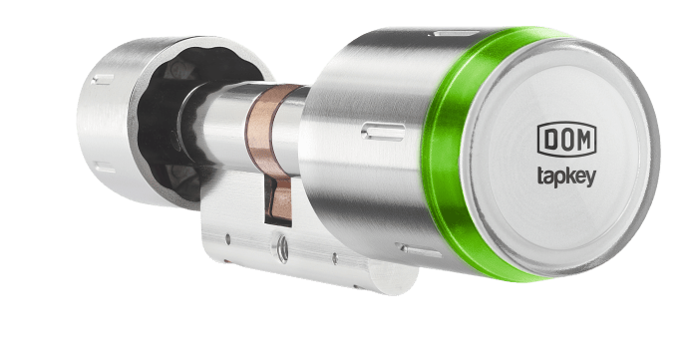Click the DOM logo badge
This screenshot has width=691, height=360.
[566, 140]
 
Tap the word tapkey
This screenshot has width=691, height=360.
[566, 177]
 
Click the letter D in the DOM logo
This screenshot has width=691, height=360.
[550, 140]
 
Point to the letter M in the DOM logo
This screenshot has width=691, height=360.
[583, 140]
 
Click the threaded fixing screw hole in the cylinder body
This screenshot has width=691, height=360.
[282, 249]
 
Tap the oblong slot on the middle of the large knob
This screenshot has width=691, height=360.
[383, 132]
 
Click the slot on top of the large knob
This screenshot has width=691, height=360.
[456, 33]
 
